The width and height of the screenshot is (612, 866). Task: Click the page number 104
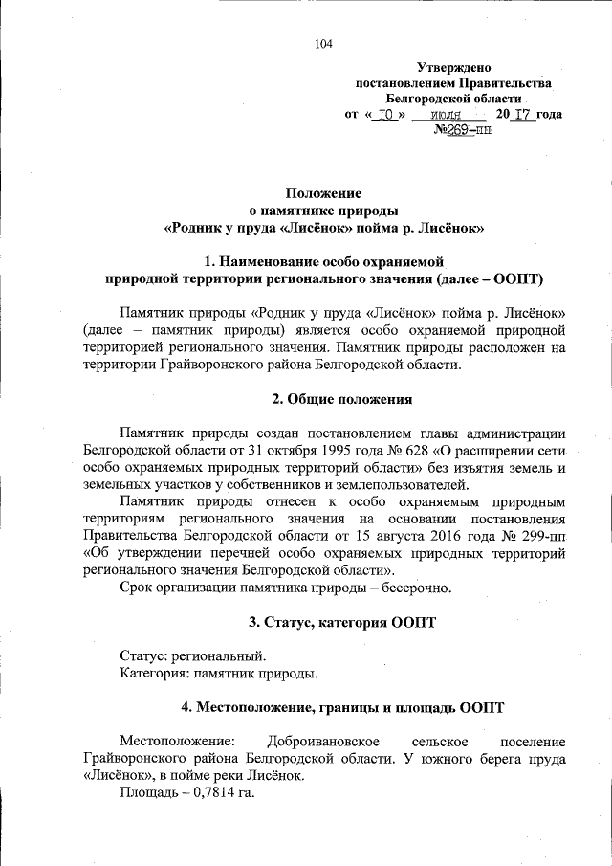click(x=324, y=43)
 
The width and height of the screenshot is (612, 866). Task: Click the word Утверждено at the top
click(x=453, y=68)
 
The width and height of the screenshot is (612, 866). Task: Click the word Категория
click(x=154, y=674)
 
